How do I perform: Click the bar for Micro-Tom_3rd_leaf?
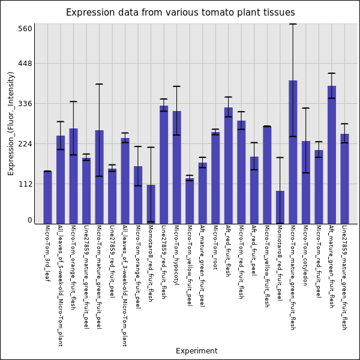[x=47, y=197]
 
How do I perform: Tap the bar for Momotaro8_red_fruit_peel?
[x=280, y=207]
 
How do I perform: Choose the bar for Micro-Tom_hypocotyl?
[x=176, y=167]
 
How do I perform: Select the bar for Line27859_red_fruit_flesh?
[x=164, y=164]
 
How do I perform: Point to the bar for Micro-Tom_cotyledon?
[x=306, y=182]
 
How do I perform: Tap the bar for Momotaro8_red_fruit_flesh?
[x=151, y=204]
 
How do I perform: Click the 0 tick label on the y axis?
[x=29, y=220]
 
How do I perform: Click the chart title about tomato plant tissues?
[x=180, y=13]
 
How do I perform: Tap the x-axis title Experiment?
[x=196, y=351]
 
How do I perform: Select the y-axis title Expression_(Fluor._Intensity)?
[x=11, y=123]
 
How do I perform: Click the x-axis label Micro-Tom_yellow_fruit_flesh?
[x=267, y=266]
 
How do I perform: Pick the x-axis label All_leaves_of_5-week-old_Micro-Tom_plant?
[x=60, y=286]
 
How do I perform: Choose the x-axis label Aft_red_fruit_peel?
[x=254, y=250]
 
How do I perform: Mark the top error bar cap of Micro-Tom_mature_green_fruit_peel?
[x=99, y=84]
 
